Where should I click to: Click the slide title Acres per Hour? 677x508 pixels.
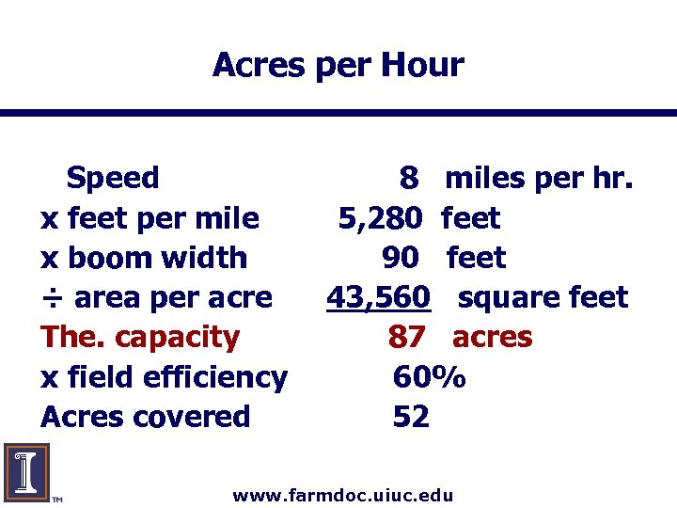tap(338, 65)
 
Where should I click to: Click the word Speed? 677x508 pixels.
tap(113, 177)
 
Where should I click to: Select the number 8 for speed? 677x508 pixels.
tap(409, 178)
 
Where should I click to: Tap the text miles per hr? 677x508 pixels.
tap(539, 178)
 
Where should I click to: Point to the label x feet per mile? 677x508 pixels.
tap(150, 218)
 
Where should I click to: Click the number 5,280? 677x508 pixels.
tap(380, 218)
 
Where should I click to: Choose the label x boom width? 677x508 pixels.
tap(144, 258)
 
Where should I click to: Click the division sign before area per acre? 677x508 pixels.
tap(52, 298)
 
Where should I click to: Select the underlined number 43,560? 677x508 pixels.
tap(378, 297)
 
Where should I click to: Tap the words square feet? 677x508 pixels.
tap(543, 297)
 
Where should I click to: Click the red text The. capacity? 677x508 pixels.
tap(140, 337)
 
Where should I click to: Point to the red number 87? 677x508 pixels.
tap(407, 338)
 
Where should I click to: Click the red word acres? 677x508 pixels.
tap(492, 337)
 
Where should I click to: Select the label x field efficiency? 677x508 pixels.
tap(164, 377)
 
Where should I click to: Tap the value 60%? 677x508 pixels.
tap(429, 377)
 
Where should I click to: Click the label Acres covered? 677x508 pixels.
tap(146, 417)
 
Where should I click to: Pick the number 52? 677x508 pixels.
tap(411, 417)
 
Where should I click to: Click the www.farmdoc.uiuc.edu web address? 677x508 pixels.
tap(343, 495)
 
